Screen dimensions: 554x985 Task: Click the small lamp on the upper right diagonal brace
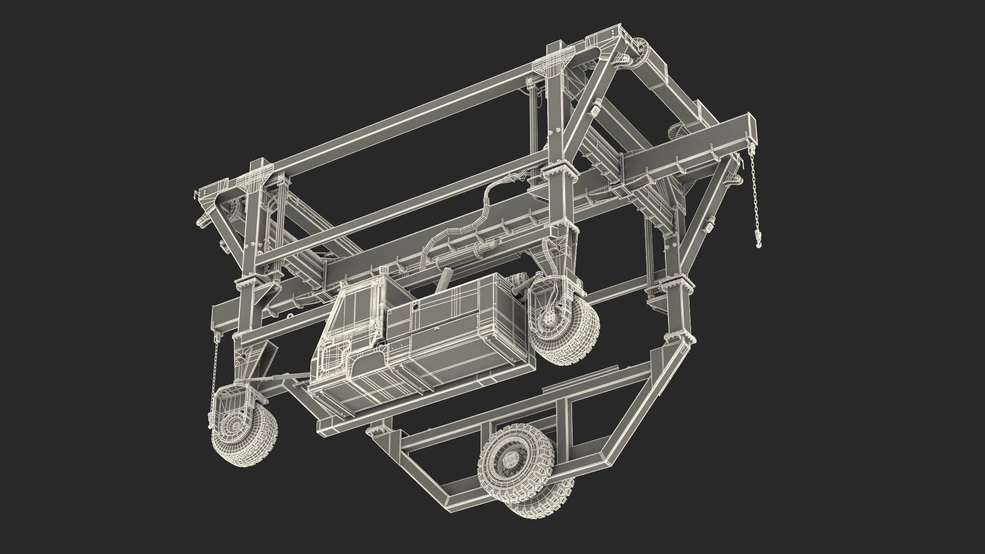[x=597, y=111]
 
